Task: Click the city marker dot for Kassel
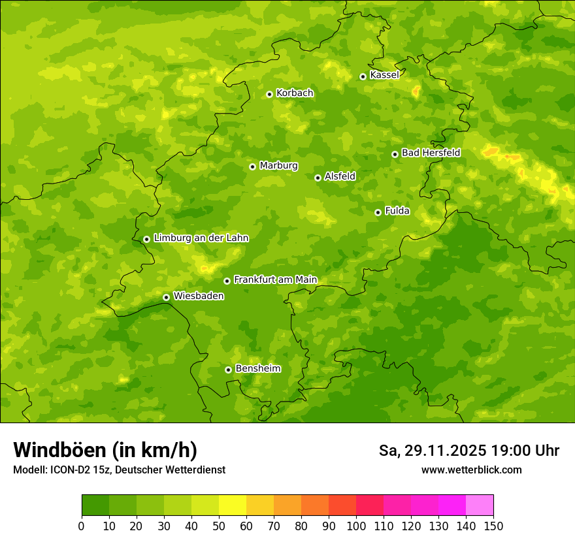[x=363, y=76]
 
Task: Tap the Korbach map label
[x=295, y=93]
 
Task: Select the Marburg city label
[x=278, y=165]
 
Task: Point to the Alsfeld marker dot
[x=318, y=178]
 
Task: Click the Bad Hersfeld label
[x=431, y=153]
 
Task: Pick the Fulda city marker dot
[x=378, y=212]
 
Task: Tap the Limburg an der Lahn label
[x=201, y=238]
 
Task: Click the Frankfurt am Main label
[x=275, y=279]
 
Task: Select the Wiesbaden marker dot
[x=166, y=297]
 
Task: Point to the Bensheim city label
[x=257, y=368]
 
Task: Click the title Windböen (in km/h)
[x=105, y=450]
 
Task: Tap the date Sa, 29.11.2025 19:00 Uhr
[x=468, y=451]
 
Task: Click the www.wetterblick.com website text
[x=471, y=470]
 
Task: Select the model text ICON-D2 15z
[x=77, y=470]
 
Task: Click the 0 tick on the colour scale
[x=81, y=526]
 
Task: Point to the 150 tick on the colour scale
[x=493, y=526]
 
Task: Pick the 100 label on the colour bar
[x=356, y=526]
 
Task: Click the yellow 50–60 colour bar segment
[x=233, y=505]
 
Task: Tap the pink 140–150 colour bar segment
[x=480, y=505]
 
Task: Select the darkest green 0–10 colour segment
[x=95, y=505]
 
